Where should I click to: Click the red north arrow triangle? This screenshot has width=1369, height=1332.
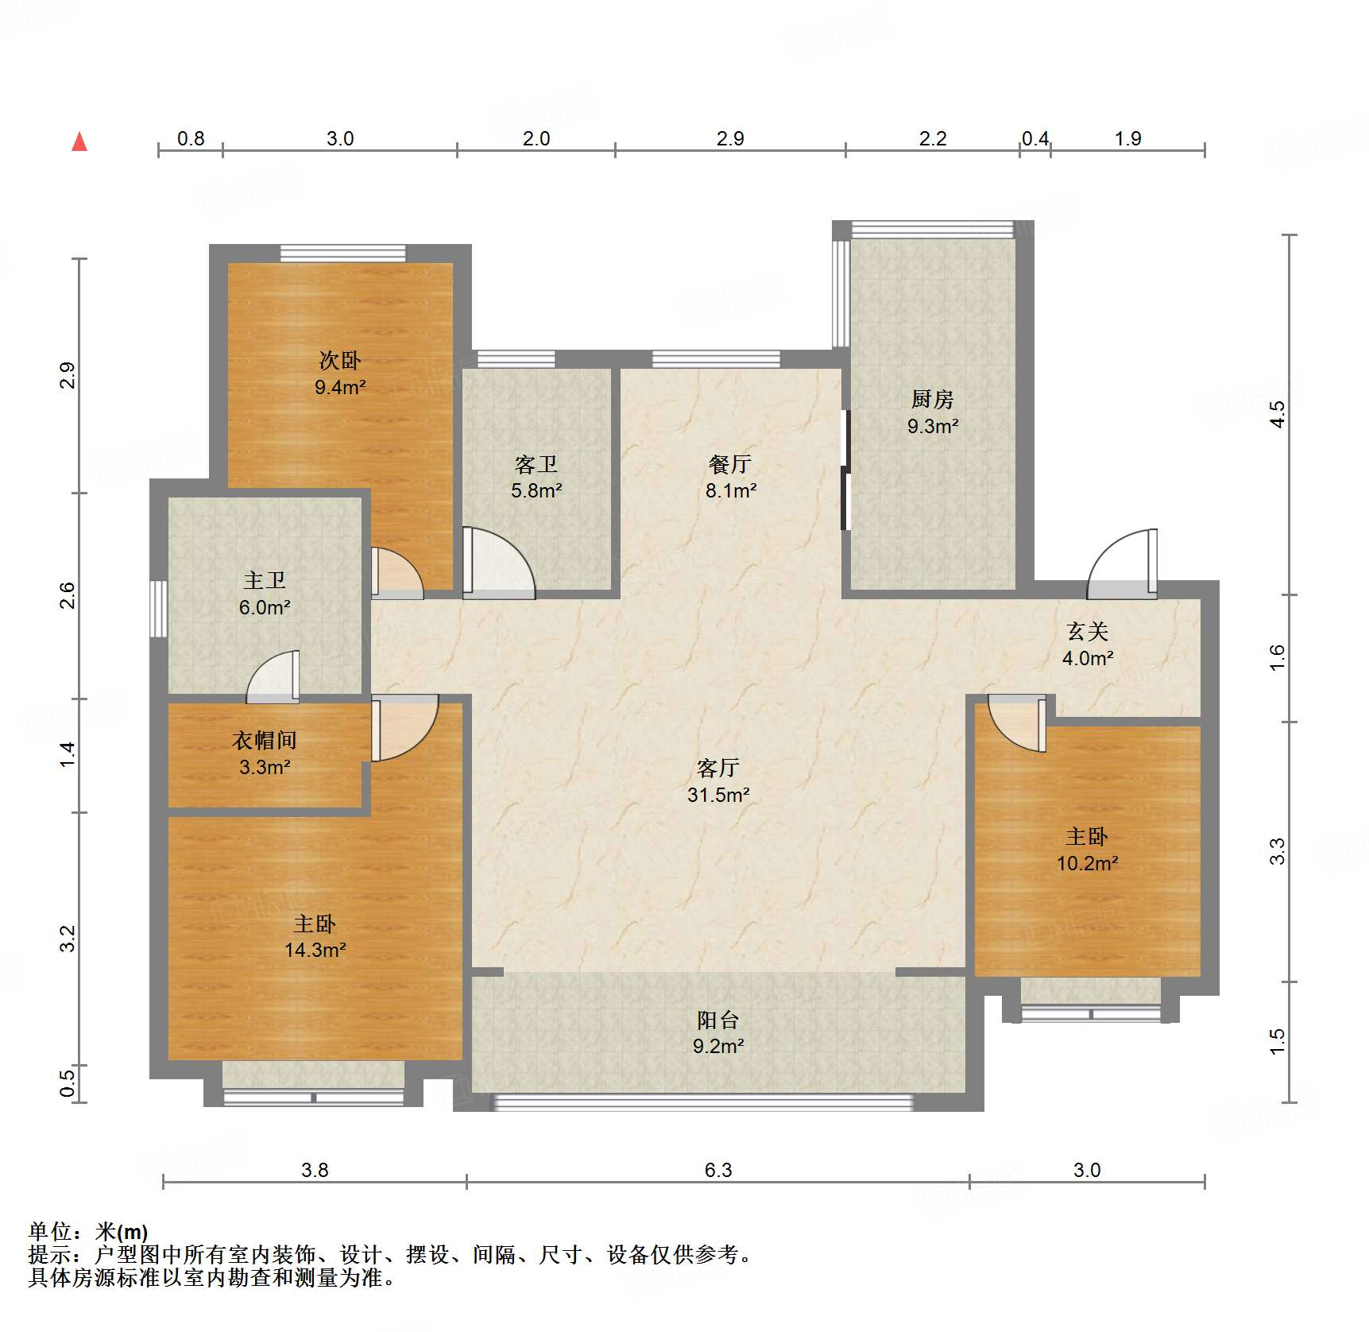coord(79,141)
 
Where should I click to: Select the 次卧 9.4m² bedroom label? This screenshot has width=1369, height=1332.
coord(340,374)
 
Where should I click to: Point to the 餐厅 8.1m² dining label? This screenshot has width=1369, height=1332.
coord(730,477)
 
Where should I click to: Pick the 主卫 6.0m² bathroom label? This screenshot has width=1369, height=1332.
coord(265,594)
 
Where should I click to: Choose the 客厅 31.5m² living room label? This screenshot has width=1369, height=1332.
coord(718,780)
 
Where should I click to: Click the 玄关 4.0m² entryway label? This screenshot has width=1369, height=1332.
coord(1088,645)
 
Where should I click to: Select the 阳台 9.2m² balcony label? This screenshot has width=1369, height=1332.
coord(718,1032)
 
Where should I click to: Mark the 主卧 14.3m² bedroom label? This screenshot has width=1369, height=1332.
coord(315,936)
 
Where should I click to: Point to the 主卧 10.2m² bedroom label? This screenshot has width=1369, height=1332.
coord(1087,850)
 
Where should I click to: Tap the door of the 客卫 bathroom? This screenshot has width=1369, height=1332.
coord(499,563)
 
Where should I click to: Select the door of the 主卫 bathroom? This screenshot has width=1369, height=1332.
coord(273,677)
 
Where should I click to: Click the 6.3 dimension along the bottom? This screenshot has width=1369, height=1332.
coord(717,1170)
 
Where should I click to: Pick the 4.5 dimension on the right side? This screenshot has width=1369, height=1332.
coord(1277,414)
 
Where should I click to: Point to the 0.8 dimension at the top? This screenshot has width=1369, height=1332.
coord(191,138)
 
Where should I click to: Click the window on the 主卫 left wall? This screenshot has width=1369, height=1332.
coord(159,609)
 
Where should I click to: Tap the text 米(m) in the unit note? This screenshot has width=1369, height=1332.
coord(122,1232)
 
